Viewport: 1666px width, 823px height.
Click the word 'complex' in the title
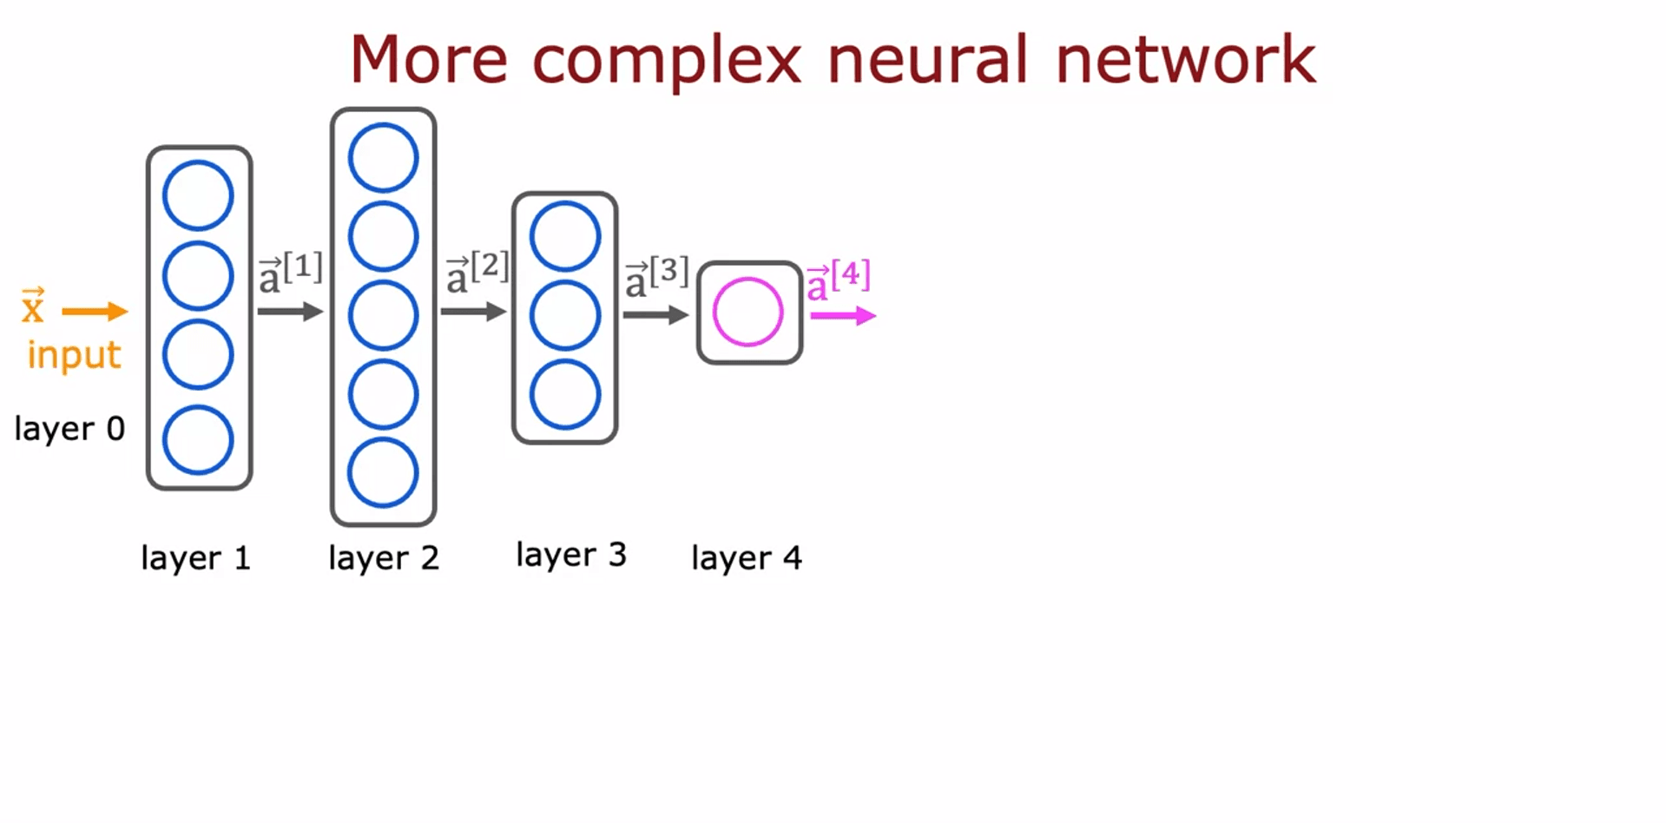pyautogui.click(x=666, y=61)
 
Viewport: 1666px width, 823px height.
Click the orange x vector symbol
pyautogui.click(x=33, y=306)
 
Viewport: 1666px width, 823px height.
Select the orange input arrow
pyautogui.click(x=95, y=311)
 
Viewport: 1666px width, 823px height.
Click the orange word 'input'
pyautogui.click(x=74, y=355)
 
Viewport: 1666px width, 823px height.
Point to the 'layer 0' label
pyautogui.click(x=69, y=429)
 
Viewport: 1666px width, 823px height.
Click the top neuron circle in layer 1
pyautogui.click(x=198, y=195)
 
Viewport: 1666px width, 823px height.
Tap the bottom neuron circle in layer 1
pyautogui.click(x=198, y=439)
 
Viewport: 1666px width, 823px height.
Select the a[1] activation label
pyautogui.click(x=291, y=273)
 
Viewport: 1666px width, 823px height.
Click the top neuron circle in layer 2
pyautogui.click(x=383, y=157)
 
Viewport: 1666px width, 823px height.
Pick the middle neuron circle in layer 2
pyautogui.click(x=383, y=315)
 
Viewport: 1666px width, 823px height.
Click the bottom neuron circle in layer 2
pyautogui.click(x=383, y=472)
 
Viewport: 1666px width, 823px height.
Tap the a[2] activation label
pyautogui.click(x=477, y=273)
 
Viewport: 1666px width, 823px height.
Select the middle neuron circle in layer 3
pyautogui.click(x=565, y=315)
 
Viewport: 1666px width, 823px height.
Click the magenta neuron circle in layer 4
pyautogui.click(x=747, y=312)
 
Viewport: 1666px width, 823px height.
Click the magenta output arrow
pyautogui.click(x=842, y=316)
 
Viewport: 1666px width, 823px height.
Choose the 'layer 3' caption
pyautogui.click(x=570, y=555)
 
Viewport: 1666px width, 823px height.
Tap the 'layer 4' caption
pyautogui.click(x=746, y=558)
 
